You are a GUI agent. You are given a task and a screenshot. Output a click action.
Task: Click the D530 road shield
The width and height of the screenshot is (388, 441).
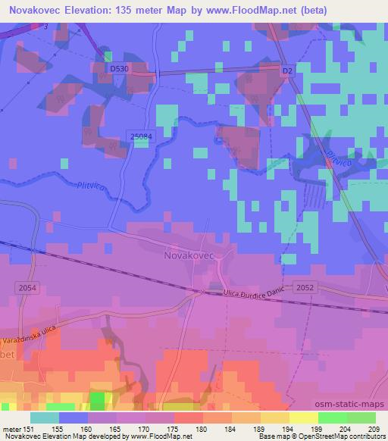(x=117, y=68)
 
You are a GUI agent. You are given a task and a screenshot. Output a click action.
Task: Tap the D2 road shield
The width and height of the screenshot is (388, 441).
(x=286, y=70)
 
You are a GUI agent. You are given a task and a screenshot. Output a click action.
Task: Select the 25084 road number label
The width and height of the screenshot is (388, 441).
(x=142, y=136)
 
